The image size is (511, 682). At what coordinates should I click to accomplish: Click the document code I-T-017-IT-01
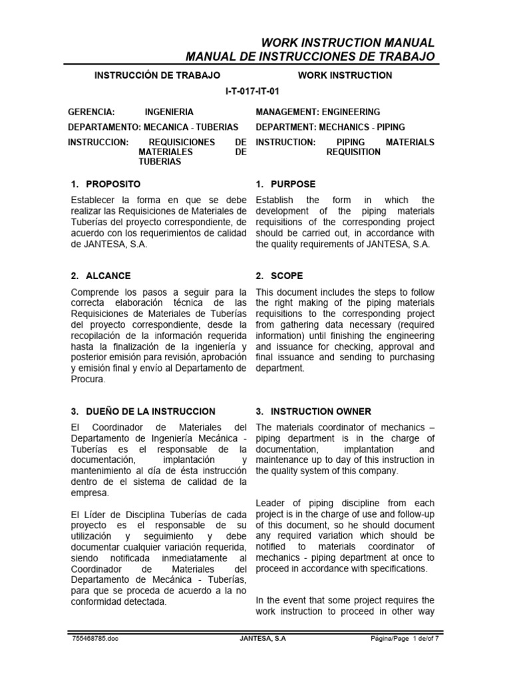(x=255, y=93)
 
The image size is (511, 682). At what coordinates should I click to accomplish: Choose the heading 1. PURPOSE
(x=286, y=184)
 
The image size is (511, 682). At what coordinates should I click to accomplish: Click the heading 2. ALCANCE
(x=100, y=275)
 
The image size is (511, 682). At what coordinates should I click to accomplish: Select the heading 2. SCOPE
(x=280, y=275)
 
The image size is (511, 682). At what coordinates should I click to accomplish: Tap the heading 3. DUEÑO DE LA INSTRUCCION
(x=142, y=412)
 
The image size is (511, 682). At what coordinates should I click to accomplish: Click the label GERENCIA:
(x=92, y=112)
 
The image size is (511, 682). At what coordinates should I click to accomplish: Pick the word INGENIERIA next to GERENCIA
(x=169, y=112)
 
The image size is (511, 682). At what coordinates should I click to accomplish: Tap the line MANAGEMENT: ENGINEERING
(x=318, y=112)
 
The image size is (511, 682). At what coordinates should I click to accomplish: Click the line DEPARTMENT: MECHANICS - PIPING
(x=330, y=127)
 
